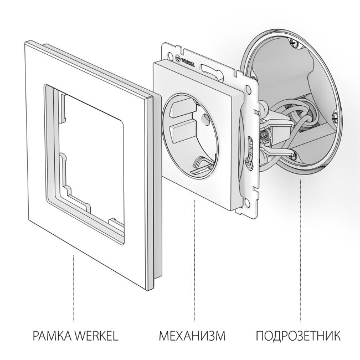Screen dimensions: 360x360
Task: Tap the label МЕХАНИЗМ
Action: click(194, 336)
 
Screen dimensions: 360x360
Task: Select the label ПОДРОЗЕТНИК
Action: click(299, 336)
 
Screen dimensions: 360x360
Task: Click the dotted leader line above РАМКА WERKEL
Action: click(74, 288)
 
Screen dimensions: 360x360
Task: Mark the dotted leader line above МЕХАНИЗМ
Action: click(194, 260)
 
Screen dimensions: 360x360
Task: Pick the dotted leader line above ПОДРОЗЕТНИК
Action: click(301, 249)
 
